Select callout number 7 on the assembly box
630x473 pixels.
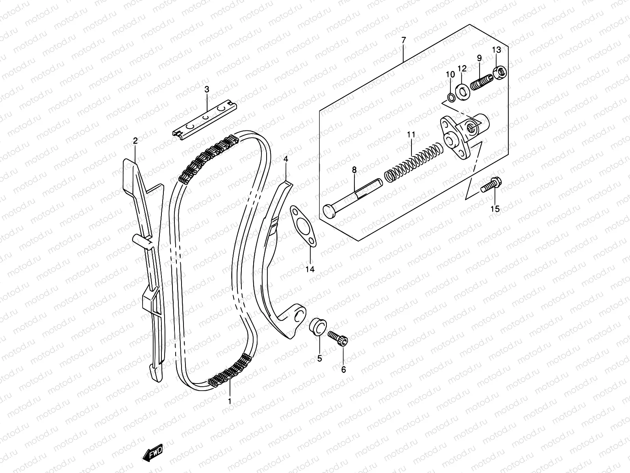coord(403,40)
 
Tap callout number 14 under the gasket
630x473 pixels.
coord(310,269)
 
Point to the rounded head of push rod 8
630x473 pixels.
coord(328,210)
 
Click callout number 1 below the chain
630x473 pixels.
coord(229,402)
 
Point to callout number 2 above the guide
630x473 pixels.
coord(135,141)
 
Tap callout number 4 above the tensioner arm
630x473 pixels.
coord(286,159)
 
